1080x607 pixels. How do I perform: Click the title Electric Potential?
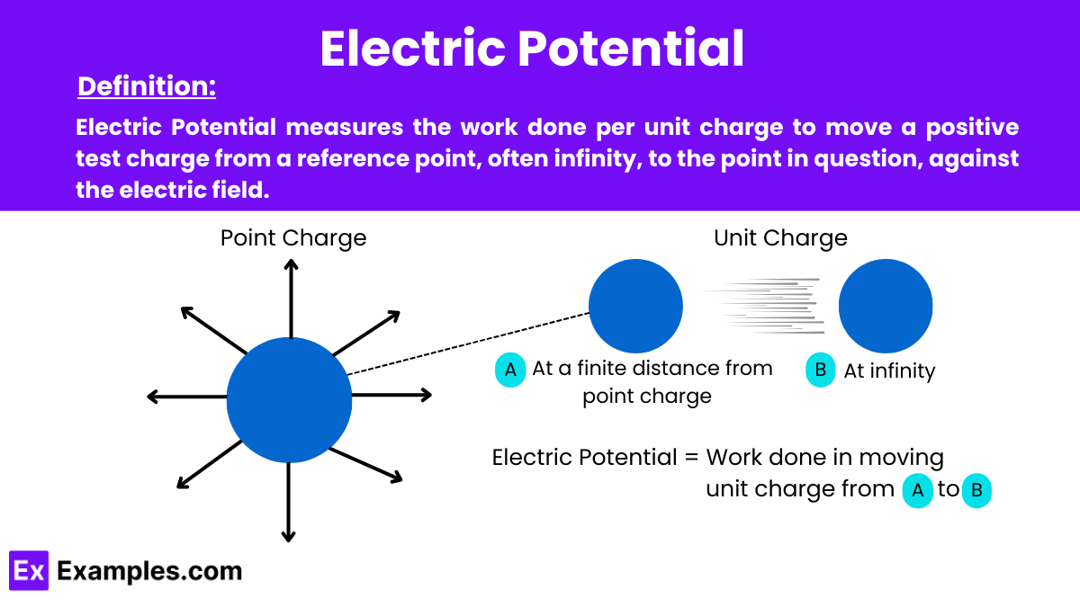tap(532, 49)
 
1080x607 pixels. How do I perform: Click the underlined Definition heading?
tap(147, 87)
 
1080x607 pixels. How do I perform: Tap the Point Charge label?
tap(293, 238)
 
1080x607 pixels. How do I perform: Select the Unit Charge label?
tap(780, 238)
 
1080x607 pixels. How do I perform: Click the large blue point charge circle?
tap(289, 400)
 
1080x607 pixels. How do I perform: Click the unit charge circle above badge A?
tap(635, 306)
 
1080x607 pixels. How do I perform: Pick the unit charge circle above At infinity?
tap(886, 306)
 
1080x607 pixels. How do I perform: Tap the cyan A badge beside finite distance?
tap(510, 370)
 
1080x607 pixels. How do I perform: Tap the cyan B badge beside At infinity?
tap(821, 370)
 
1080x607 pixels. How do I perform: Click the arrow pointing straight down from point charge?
tap(288, 504)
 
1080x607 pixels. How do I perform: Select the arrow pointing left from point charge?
tap(184, 397)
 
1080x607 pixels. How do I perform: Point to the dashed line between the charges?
tap(468, 343)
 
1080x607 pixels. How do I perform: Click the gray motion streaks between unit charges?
tap(760, 305)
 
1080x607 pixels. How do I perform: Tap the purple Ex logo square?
tap(28, 571)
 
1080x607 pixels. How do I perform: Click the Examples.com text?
tap(149, 571)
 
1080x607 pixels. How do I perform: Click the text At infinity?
tap(889, 370)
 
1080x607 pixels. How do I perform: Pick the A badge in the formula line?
tap(917, 490)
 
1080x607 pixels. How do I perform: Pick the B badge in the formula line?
tap(976, 491)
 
